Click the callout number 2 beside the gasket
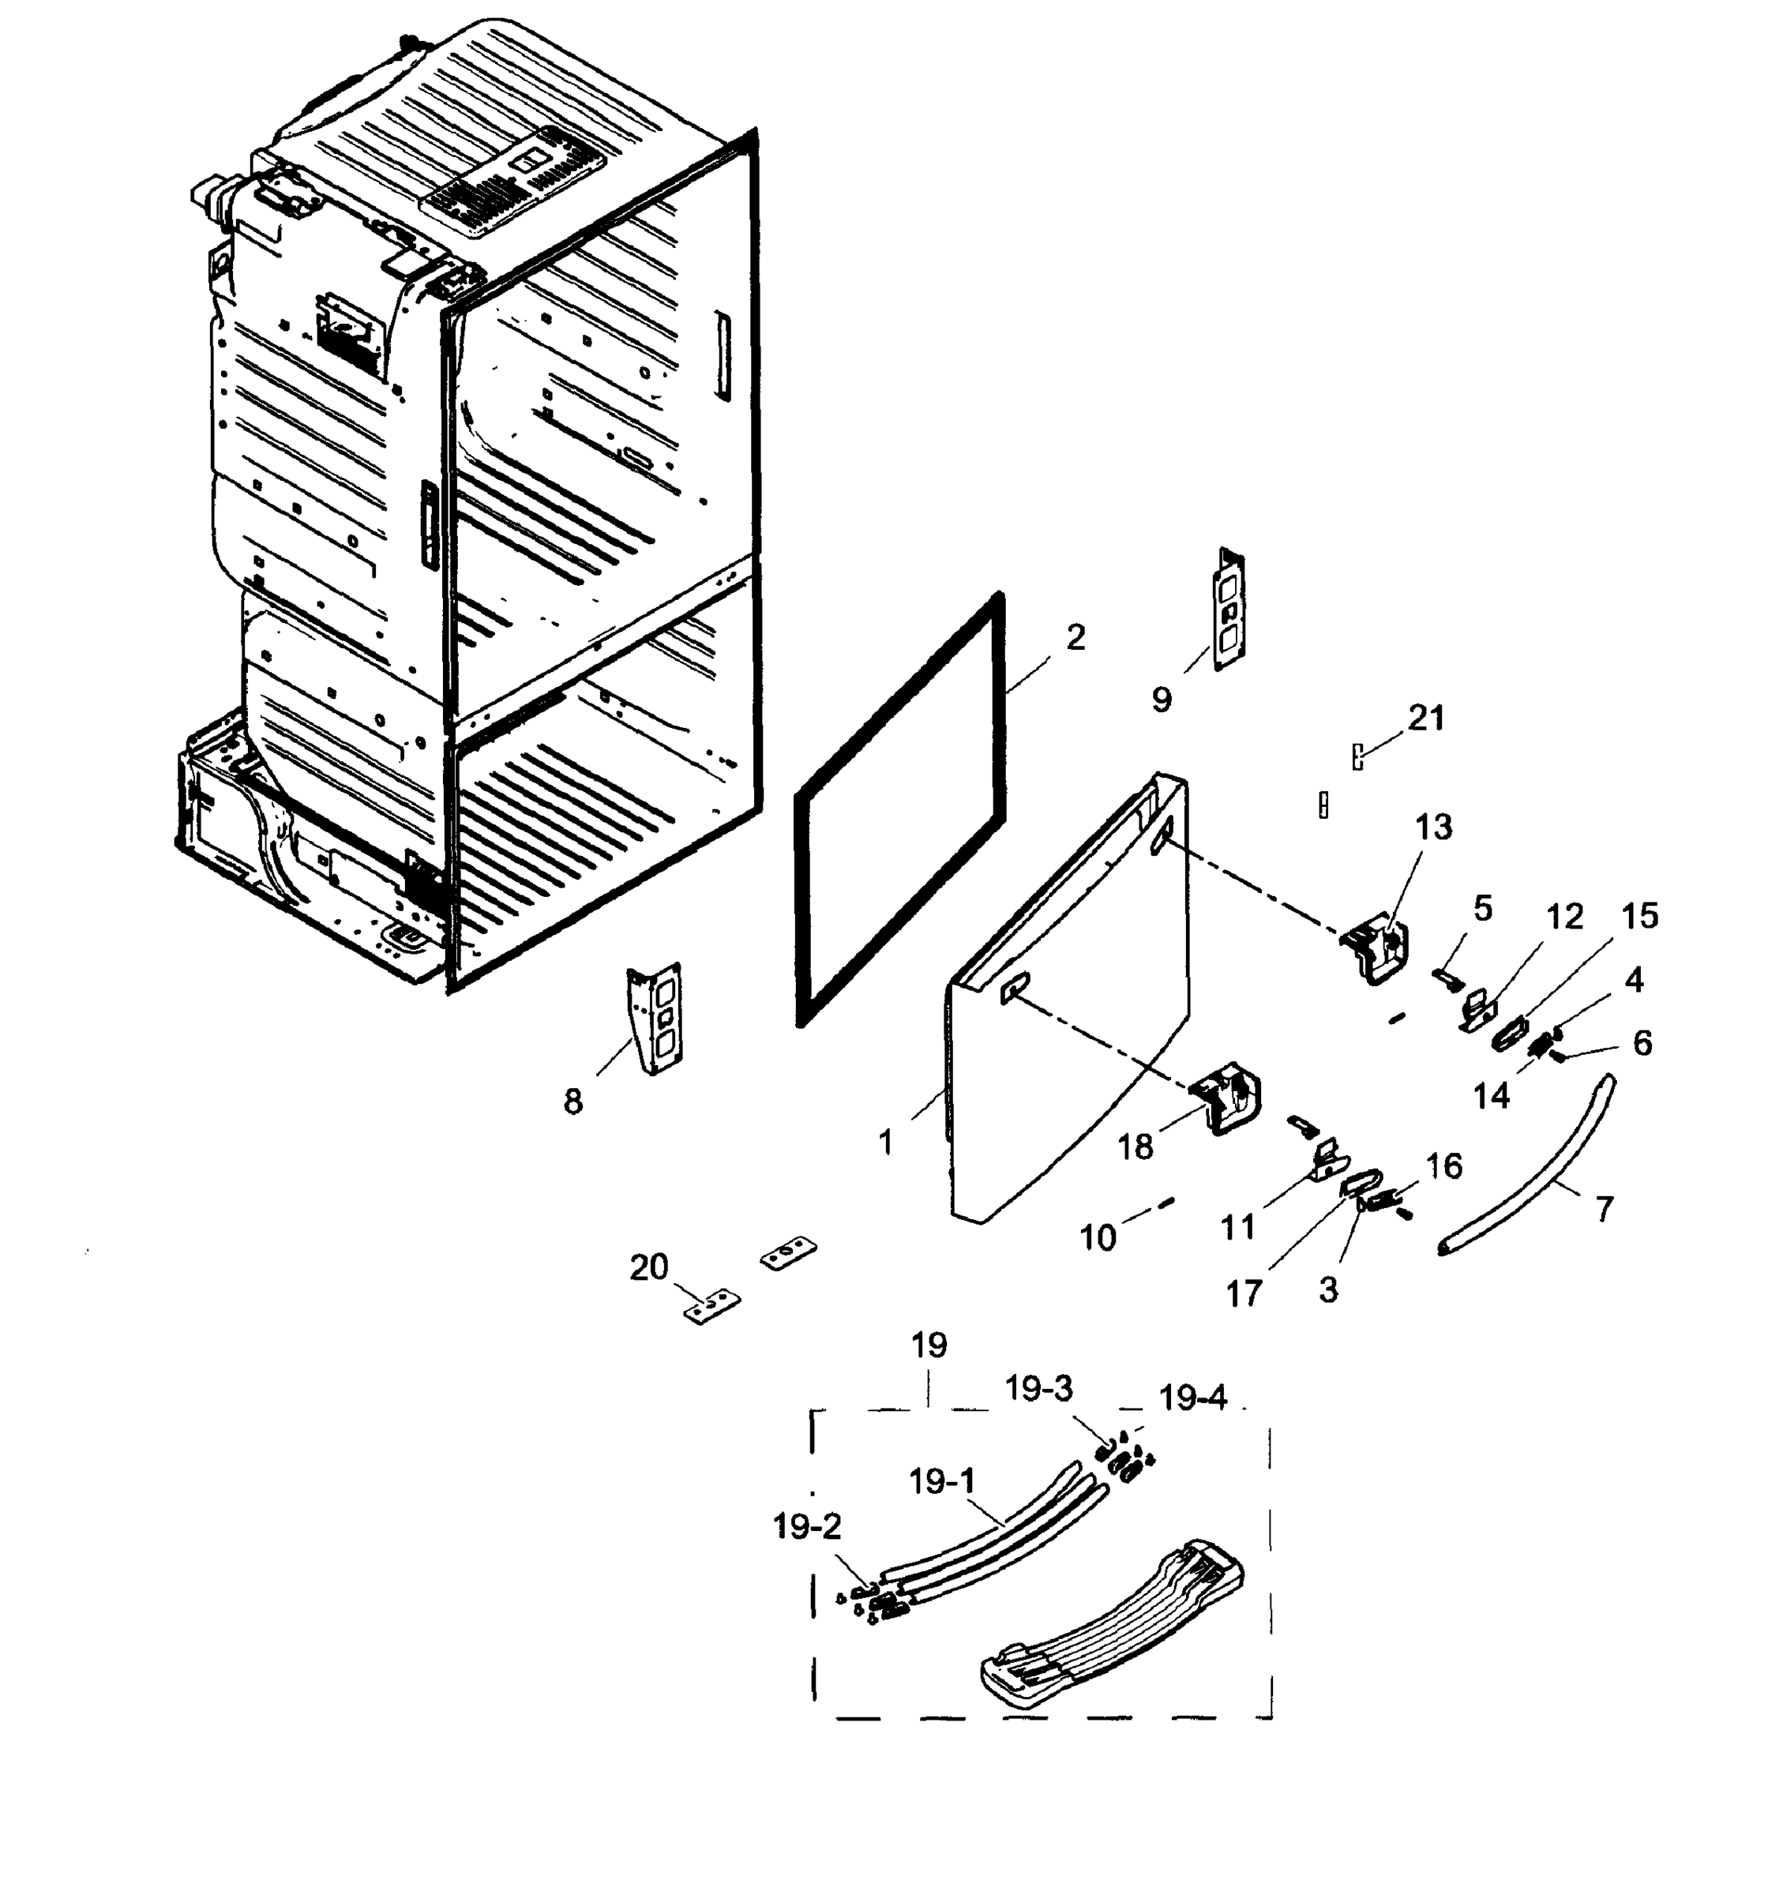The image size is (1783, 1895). click(1075, 638)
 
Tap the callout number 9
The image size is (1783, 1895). click(1162, 700)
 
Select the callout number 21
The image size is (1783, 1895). click(1426, 718)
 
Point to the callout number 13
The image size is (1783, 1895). click(1433, 827)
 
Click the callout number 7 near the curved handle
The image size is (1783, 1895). click(1605, 1210)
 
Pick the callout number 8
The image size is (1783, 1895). click(572, 1102)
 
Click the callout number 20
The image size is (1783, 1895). click(649, 1268)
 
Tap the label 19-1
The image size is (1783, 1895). click(942, 1482)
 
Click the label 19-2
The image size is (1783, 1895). click(807, 1527)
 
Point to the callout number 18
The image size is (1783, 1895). click(1135, 1146)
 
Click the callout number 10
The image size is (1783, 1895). click(1098, 1237)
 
